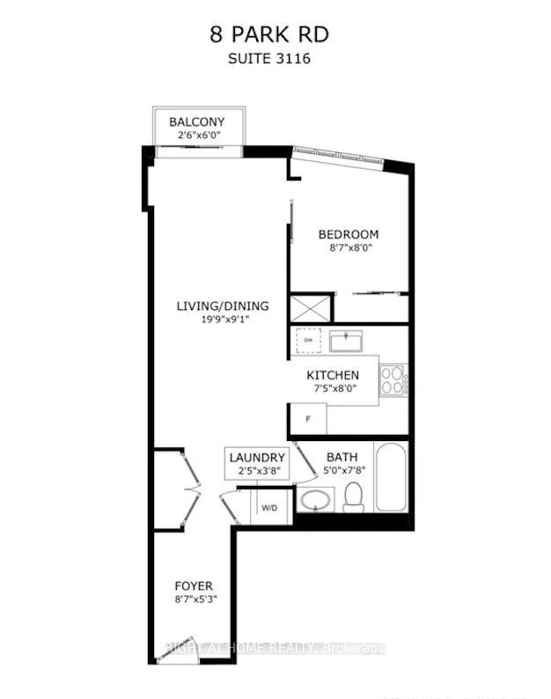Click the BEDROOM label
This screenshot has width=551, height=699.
349,234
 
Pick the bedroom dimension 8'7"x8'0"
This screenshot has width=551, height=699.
349,249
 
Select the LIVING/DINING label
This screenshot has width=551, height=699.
223,306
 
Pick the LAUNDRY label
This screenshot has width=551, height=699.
257,458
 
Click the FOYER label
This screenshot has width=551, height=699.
194,585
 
